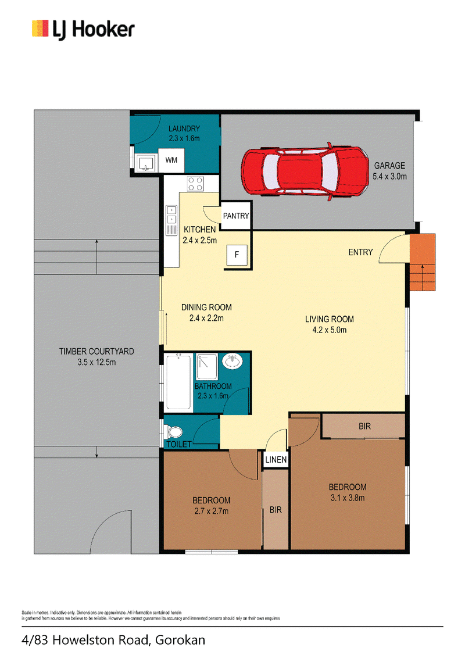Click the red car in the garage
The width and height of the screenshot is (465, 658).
(x=305, y=171)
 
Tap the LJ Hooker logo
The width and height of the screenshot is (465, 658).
(x=83, y=30)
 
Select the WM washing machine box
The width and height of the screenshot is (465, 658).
(x=171, y=160)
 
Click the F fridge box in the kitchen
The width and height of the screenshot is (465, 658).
(x=237, y=254)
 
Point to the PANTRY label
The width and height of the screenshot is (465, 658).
(x=236, y=216)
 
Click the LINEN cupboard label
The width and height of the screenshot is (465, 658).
(x=276, y=460)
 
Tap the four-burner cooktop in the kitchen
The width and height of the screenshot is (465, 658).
(x=195, y=183)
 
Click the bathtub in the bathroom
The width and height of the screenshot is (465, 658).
(x=178, y=382)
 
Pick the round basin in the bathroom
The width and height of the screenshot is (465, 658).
(x=232, y=362)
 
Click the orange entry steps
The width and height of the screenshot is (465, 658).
(x=422, y=262)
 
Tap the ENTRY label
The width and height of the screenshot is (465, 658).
(x=360, y=252)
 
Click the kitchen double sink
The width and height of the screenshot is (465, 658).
(x=171, y=214)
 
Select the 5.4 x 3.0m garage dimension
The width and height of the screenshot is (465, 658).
(x=389, y=177)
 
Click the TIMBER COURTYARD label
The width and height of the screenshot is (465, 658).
(x=96, y=352)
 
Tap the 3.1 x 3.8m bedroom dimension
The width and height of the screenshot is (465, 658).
(x=348, y=498)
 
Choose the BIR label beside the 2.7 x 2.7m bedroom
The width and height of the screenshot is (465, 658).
(x=276, y=510)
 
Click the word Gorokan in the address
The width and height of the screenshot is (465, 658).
(x=180, y=640)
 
